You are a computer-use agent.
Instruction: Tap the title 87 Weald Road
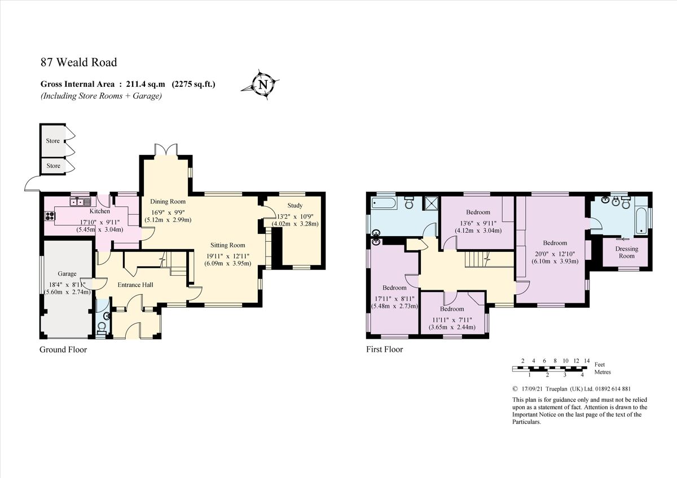click(x=79, y=63)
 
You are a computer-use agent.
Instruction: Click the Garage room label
click(x=67, y=274)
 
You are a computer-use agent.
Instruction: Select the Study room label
click(x=294, y=206)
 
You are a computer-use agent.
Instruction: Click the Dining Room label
click(x=168, y=201)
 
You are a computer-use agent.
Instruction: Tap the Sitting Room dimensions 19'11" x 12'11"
click(x=227, y=256)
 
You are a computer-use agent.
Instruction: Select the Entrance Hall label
click(x=135, y=285)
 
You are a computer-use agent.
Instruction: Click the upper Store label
click(x=53, y=141)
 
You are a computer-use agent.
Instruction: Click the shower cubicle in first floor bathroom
click(x=432, y=202)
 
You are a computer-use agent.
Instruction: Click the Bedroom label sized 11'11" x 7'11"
click(x=452, y=309)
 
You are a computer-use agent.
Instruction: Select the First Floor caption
click(x=384, y=349)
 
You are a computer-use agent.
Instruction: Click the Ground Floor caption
click(x=63, y=349)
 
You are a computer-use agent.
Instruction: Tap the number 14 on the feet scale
click(x=587, y=361)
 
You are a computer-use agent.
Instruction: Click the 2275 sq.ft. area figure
click(x=194, y=85)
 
